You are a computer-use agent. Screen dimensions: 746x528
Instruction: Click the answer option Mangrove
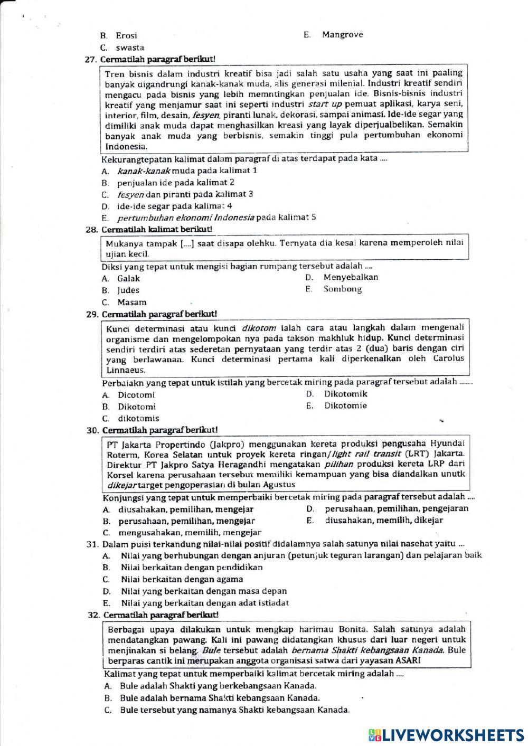pyautogui.click(x=342, y=35)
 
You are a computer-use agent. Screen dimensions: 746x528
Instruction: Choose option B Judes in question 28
pyautogui.click(x=128, y=290)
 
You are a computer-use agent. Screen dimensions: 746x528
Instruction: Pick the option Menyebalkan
pyautogui.click(x=351, y=277)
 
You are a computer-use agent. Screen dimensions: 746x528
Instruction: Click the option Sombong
pyautogui.click(x=343, y=289)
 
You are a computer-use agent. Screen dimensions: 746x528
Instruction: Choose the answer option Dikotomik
pyautogui.click(x=346, y=394)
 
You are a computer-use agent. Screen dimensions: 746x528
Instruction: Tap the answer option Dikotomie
pyautogui.click(x=345, y=406)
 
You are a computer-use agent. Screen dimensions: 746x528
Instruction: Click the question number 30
pyautogui.click(x=92, y=431)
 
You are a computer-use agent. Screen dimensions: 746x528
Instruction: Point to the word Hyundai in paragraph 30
pyautogui.click(x=447, y=443)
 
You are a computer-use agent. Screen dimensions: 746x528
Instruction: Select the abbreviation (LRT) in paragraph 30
pyautogui.click(x=419, y=454)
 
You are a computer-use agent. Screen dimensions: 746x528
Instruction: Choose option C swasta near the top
pyautogui.click(x=130, y=48)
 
